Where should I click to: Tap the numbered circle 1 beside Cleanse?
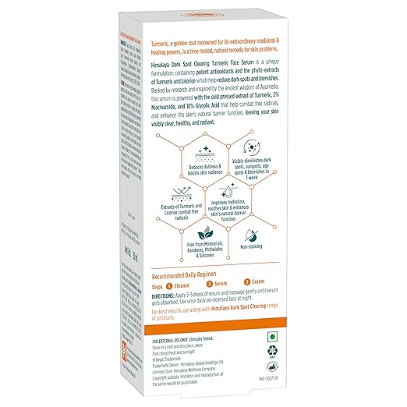(165, 285)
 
